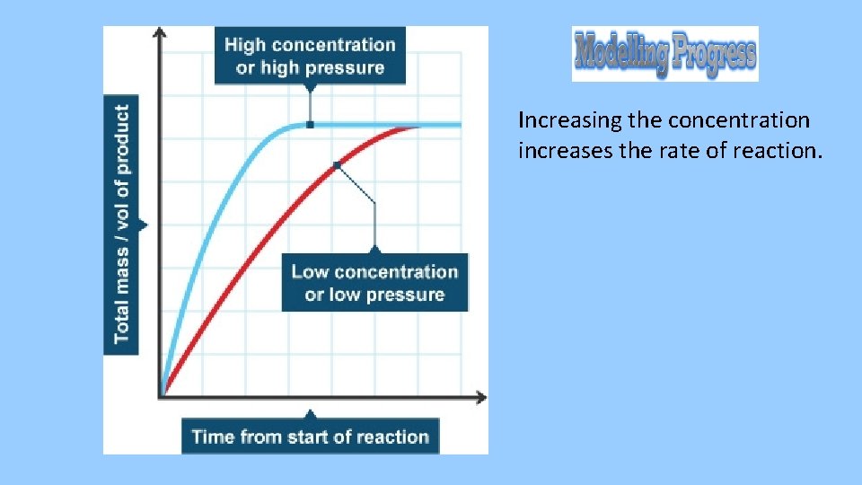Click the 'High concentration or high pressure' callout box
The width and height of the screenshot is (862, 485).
point(310,56)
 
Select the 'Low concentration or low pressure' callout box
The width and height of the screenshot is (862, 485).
point(374,283)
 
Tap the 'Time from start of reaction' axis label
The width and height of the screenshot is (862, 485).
point(310,437)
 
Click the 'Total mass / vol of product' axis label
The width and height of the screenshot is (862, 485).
point(121,224)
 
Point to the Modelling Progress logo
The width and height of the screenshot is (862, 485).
point(664,54)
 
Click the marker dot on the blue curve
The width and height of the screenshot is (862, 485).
point(310,125)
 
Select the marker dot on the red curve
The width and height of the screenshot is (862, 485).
point(337,164)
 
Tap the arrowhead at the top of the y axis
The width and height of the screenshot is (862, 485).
point(160,33)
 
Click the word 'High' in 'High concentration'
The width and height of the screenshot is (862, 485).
point(245,45)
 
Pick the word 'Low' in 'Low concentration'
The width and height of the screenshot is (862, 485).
point(311,272)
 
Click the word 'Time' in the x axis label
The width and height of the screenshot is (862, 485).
point(213,437)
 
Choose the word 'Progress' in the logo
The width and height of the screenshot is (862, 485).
point(715,54)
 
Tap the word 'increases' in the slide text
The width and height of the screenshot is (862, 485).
point(559,151)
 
